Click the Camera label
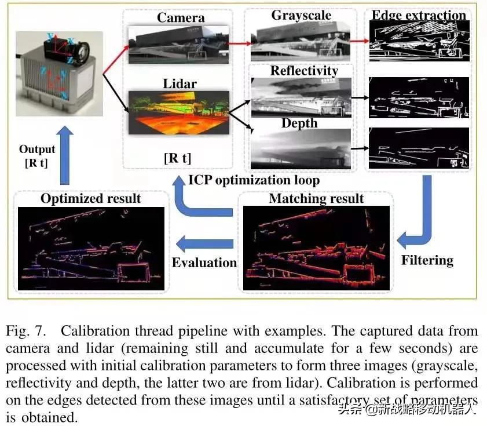(181, 18)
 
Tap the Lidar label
(180, 83)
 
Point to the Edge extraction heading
(418, 16)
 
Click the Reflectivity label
(304, 71)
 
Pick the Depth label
(299, 123)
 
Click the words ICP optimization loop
(254, 180)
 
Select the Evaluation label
(204, 262)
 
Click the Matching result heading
(316, 199)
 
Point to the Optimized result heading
(90, 198)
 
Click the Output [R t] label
(37, 156)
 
